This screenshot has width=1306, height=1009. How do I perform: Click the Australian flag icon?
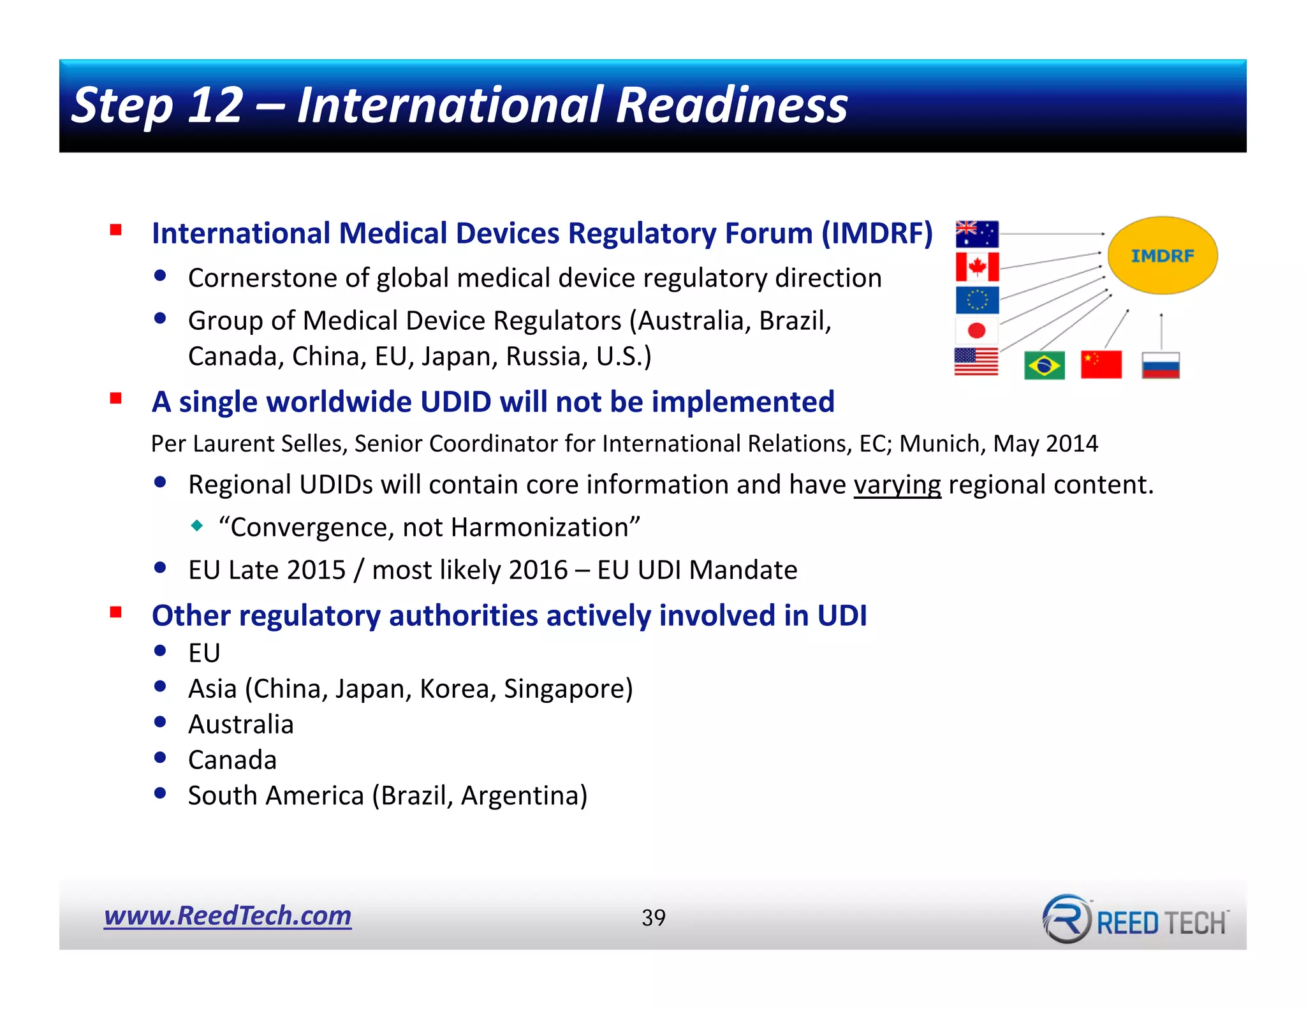(x=976, y=234)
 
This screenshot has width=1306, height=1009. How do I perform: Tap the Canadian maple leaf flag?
(x=976, y=267)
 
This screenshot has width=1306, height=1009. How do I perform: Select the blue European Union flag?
(x=976, y=300)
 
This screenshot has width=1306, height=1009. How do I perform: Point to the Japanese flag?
(x=976, y=330)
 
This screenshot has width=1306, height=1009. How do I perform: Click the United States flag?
(x=976, y=362)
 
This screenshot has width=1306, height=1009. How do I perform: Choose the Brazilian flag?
(x=1044, y=365)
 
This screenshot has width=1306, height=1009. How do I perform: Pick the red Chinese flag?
(x=1101, y=365)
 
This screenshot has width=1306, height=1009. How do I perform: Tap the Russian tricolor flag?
(x=1161, y=365)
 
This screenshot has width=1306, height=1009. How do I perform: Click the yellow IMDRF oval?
(x=1162, y=256)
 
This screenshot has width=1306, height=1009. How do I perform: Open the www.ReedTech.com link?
(x=228, y=916)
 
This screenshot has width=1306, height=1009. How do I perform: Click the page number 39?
(x=654, y=918)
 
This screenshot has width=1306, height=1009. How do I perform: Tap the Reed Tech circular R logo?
(x=1066, y=918)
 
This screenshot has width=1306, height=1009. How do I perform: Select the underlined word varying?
(x=897, y=485)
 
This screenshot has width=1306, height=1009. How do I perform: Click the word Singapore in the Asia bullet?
(x=564, y=689)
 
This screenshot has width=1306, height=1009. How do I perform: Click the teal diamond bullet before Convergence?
(x=197, y=526)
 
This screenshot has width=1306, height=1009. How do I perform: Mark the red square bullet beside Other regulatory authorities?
(x=115, y=613)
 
